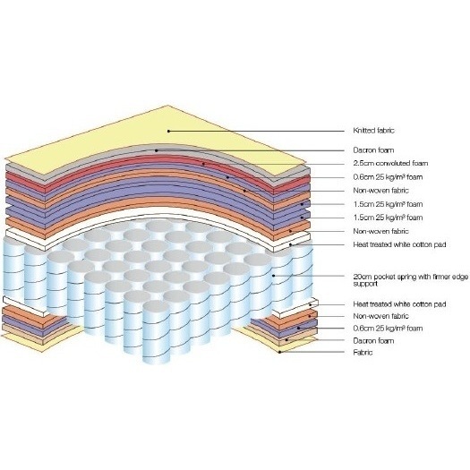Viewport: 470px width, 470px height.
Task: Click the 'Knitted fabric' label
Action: tap(373, 131)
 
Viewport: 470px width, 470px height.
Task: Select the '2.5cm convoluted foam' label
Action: tap(390, 163)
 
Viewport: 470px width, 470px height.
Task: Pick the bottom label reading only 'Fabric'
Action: tap(363, 353)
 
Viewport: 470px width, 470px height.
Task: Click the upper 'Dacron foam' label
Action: tap(373, 150)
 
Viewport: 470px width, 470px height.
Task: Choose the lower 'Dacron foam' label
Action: tap(373, 341)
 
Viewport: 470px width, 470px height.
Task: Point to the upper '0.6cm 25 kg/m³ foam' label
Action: tap(388, 177)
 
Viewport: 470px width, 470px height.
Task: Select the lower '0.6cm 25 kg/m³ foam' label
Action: tap(388, 329)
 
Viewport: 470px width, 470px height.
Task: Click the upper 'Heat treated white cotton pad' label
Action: tap(399, 244)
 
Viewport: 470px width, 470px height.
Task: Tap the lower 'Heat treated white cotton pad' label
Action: tap(399, 304)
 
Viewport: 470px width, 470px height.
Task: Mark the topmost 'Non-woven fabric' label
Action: tap(380, 191)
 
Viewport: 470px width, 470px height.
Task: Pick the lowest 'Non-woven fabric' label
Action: tap(380, 316)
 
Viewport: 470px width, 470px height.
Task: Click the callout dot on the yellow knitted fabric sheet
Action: tap(169, 131)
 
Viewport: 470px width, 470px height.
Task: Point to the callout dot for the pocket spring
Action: tap(273, 276)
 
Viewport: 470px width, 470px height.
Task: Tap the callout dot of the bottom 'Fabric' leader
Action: tap(280, 352)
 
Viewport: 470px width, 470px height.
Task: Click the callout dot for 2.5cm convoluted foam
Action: tap(203, 164)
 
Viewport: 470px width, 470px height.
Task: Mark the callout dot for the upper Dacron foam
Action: tap(156, 150)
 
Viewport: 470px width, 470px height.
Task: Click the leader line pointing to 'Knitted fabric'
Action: tap(257, 131)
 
